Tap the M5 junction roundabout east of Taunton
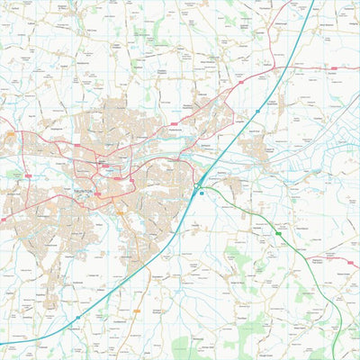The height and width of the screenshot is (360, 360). coord(196,184)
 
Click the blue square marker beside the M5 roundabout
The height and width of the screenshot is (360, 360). coord(202,192)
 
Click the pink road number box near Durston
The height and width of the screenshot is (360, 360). coord(334,67)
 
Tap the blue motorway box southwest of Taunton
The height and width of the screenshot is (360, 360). coord(78,317)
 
